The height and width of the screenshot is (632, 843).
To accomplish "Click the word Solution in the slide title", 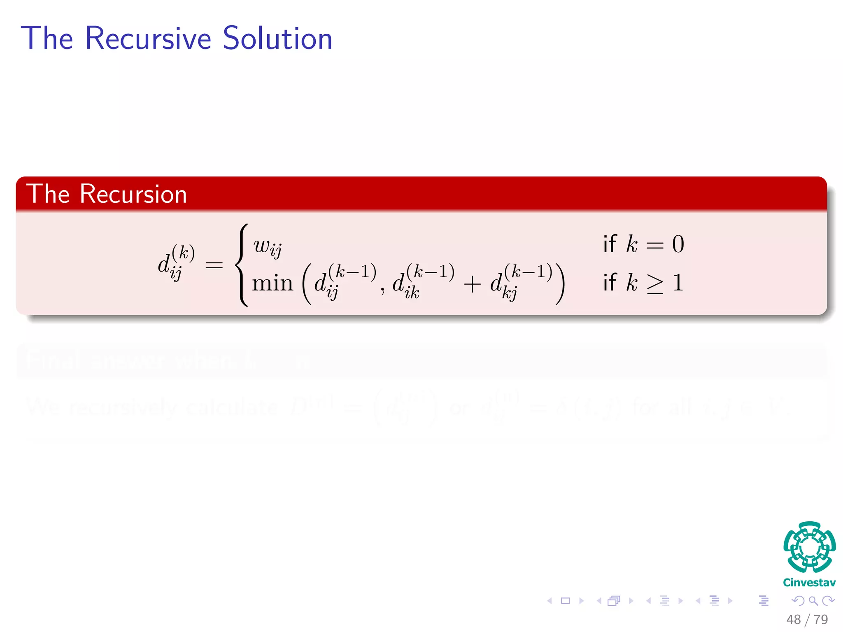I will coord(277,38).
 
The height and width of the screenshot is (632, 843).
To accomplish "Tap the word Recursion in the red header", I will coord(133,194).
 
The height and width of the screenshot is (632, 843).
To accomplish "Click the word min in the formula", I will coord(272,283).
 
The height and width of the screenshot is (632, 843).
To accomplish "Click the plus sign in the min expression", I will coord(472,284).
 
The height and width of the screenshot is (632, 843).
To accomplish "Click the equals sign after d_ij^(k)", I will coord(214,265).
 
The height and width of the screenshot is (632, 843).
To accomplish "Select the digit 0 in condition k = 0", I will coord(678,244).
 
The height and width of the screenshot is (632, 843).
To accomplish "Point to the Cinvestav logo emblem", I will coord(809,547).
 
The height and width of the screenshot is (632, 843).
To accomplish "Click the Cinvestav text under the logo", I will coord(809,583).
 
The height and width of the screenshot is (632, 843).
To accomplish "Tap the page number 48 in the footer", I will coord(793,620).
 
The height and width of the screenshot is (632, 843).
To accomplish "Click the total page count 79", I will coord(821,620).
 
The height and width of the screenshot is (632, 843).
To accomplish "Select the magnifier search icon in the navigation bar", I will coord(813,601).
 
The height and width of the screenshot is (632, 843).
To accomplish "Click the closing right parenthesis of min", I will coord(560,283).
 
